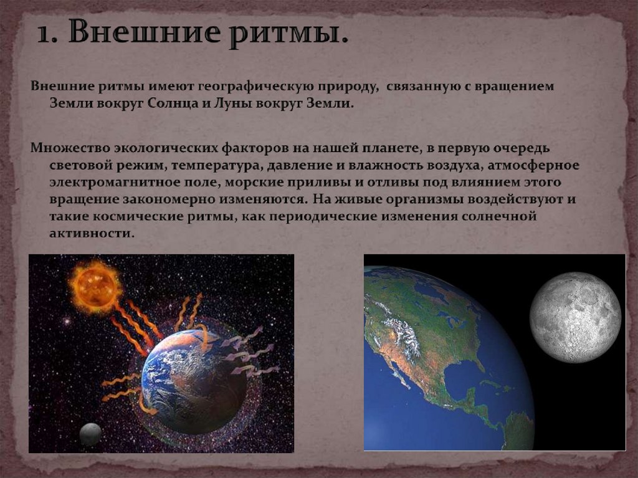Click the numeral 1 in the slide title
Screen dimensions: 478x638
point(43,32)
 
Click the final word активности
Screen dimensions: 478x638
point(91,234)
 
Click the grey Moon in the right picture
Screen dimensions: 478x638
point(575,317)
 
